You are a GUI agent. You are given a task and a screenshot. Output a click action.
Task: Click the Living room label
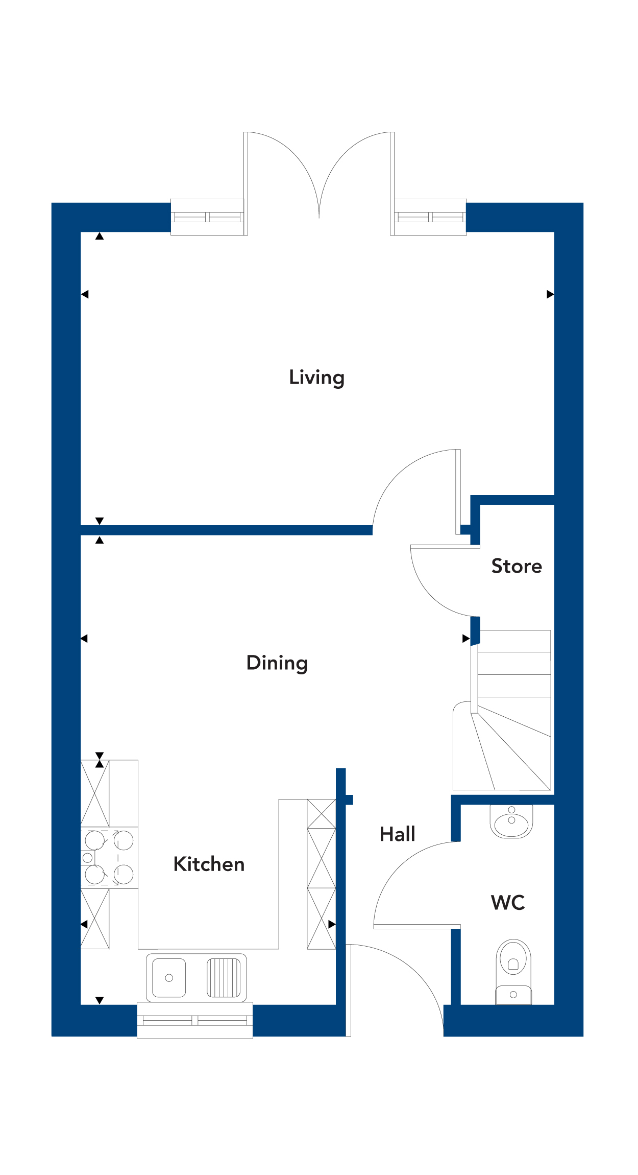(316, 378)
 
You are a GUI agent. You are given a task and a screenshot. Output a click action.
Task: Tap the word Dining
(277, 663)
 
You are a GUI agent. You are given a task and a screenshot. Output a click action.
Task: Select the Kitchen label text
(209, 864)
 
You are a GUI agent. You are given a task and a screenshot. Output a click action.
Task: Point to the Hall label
(397, 834)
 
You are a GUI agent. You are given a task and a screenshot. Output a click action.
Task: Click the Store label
(517, 566)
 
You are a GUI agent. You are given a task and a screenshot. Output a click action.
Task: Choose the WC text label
(508, 903)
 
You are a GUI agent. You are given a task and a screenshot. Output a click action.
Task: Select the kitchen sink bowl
(169, 977)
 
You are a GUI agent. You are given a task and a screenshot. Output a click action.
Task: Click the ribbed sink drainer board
(223, 977)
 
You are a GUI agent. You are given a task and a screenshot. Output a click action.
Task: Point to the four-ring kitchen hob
(109, 858)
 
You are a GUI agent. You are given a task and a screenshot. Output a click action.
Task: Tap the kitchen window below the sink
(195, 1020)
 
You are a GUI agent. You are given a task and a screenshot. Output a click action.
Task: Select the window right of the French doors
(430, 217)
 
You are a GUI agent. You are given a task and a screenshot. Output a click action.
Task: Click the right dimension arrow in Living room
(550, 294)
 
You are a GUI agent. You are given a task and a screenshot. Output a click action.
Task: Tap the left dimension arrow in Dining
(84, 639)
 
